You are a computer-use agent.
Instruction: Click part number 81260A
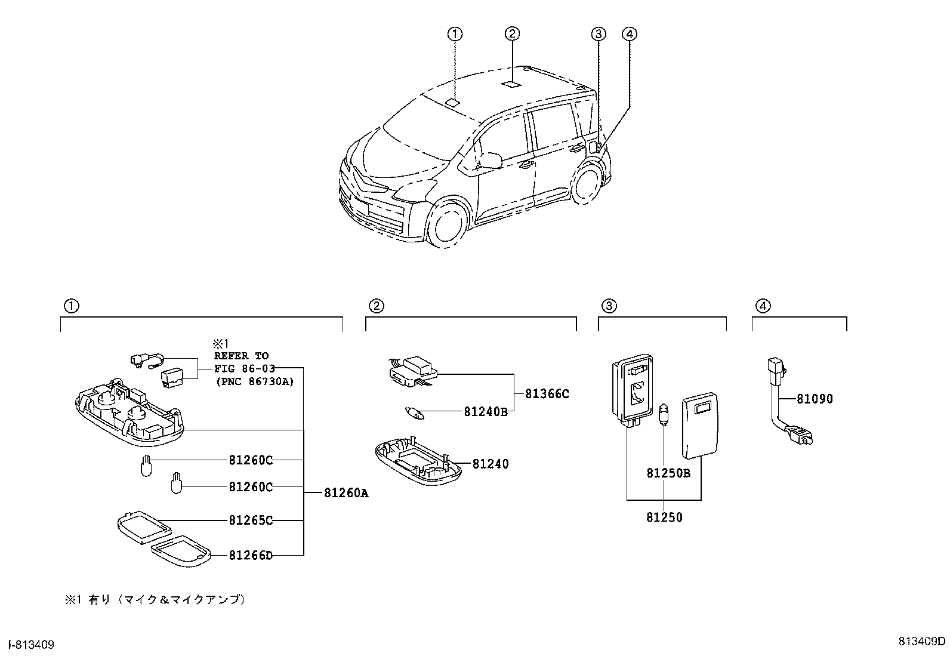346,494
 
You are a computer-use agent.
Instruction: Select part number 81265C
251,521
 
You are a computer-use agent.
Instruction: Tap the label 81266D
251,556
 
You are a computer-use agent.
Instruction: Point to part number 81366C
547,394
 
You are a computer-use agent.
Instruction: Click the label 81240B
486,411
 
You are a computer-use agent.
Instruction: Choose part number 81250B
668,473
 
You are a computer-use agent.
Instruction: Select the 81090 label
814,399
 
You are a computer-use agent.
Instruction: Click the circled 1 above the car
455,34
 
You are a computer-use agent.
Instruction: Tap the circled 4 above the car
629,34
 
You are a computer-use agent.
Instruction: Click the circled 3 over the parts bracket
607,306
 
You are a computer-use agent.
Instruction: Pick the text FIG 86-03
241,368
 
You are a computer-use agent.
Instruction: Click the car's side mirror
490,161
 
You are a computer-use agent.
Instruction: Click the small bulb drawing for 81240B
411,412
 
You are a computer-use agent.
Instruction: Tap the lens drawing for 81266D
182,553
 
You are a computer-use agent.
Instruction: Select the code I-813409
29,645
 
